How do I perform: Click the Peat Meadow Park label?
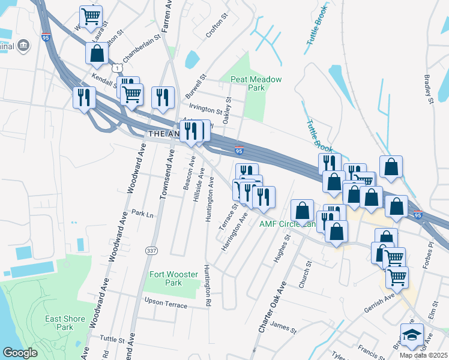click(256, 83)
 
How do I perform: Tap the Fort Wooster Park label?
click(173, 278)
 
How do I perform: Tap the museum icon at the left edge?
click(23, 46)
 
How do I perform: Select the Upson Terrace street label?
click(165, 301)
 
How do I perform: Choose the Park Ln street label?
click(142, 213)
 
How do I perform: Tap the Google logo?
click(20, 353)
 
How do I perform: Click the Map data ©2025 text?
click(423, 355)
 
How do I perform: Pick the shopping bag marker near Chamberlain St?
click(97, 53)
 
